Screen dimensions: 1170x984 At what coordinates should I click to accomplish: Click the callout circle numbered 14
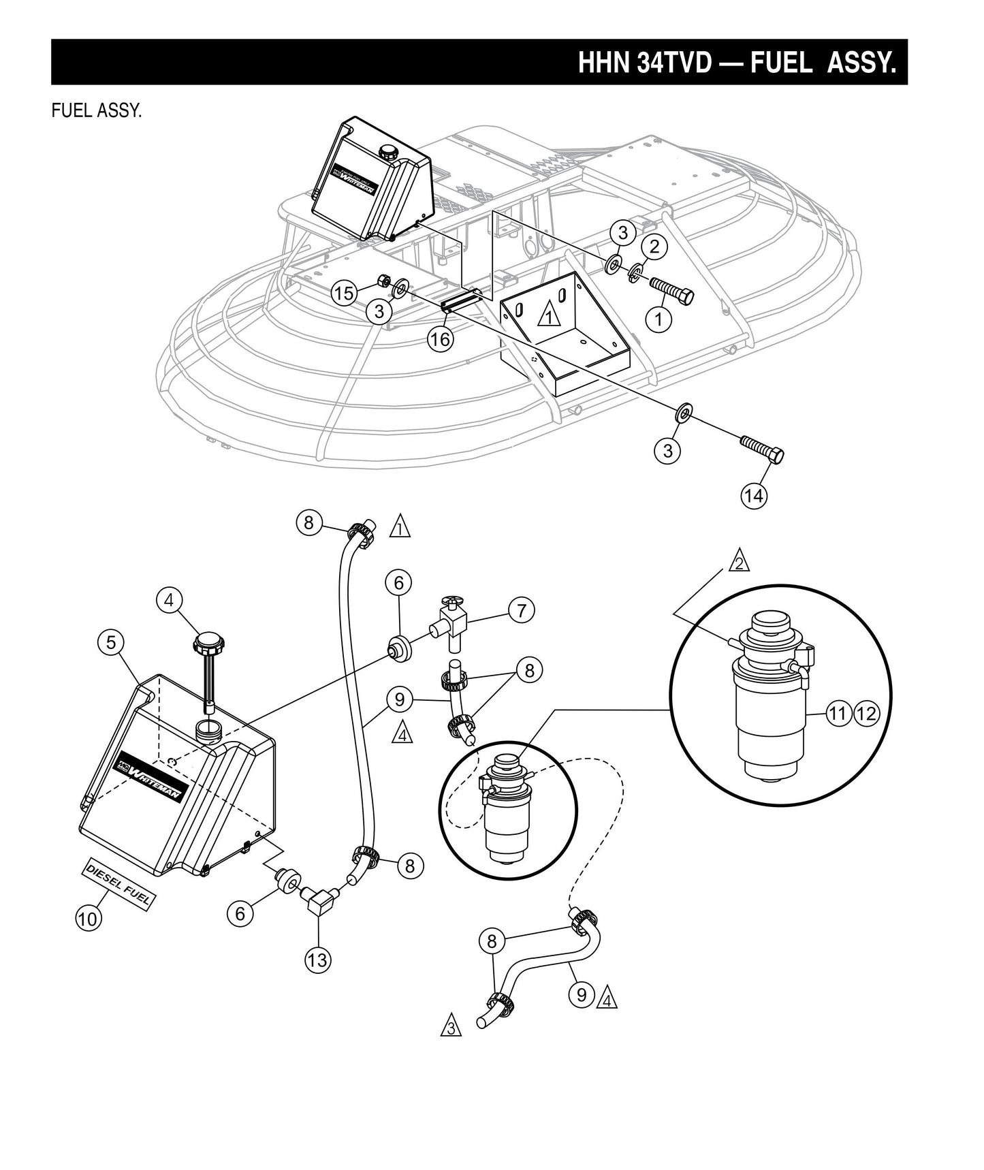pos(754,496)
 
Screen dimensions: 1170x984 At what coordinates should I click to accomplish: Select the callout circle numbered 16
pos(441,338)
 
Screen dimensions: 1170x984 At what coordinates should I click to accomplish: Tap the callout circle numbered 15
pos(344,294)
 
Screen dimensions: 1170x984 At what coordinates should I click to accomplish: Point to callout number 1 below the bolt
pos(659,319)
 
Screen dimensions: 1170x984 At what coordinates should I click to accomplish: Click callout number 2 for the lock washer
pos(654,247)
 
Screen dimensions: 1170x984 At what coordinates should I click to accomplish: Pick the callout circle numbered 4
pos(169,600)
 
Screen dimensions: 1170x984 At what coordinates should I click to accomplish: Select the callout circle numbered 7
pos(521,610)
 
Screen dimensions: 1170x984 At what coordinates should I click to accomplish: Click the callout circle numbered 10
pos(88,918)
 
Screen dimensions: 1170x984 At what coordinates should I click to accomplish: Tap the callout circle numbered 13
pos(317,960)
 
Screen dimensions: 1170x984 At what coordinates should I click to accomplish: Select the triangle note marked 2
pos(739,563)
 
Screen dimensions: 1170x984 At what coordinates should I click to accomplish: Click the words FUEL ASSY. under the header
pos(96,110)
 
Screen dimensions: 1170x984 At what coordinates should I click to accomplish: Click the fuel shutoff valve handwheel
pos(450,602)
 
